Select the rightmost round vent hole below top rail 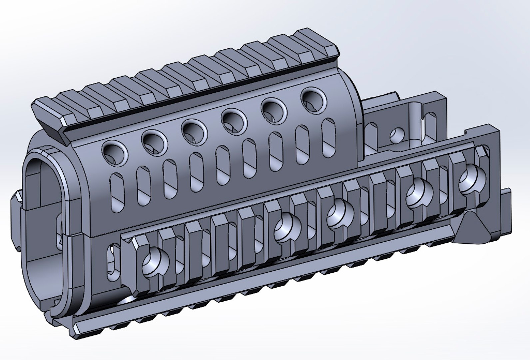[x=314, y=99]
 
